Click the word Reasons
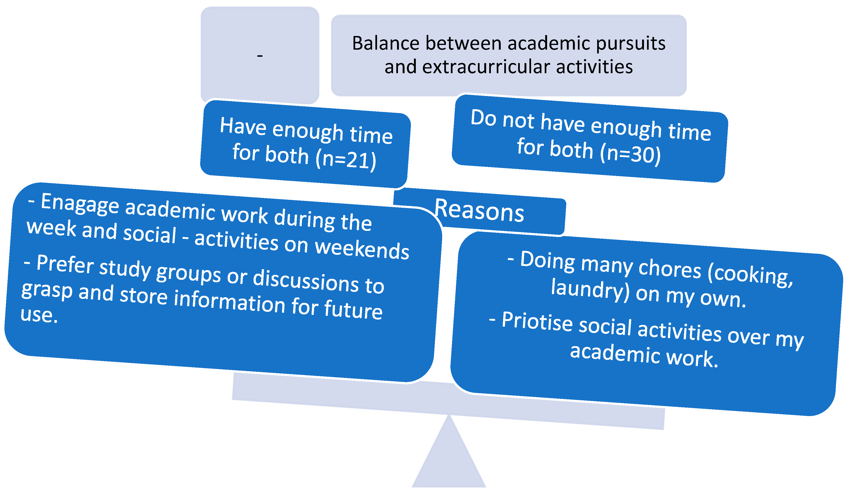click(479, 211)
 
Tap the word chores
click(670, 269)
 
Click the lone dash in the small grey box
click(260, 56)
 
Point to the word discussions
click(306, 281)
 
